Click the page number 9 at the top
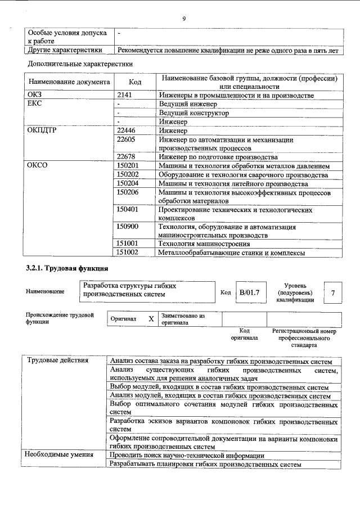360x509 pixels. pos(183,19)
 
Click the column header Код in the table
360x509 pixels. pos(135,82)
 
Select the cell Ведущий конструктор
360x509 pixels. pos(193,113)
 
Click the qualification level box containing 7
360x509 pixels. pos(334,294)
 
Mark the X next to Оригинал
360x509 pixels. pos(151,319)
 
